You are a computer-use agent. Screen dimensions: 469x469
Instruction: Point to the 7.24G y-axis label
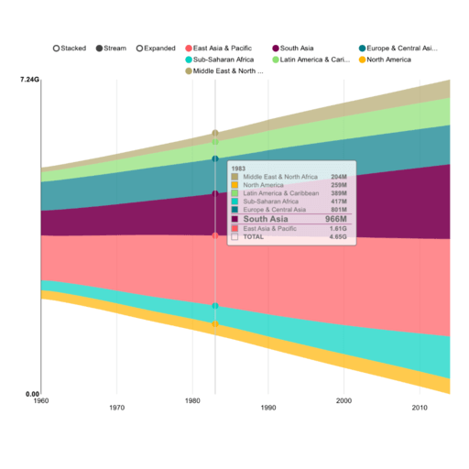point(29,81)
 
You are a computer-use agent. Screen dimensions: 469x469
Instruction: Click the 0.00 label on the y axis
point(30,394)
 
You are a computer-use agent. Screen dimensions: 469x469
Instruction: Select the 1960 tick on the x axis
point(41,401)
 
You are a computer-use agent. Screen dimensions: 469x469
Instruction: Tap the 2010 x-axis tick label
point(420,407)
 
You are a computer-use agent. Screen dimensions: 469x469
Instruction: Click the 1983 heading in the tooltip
point(238,169)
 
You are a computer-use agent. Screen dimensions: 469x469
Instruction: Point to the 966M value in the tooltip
point(335,220)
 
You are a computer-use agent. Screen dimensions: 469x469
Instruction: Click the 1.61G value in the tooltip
point(339,228)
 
